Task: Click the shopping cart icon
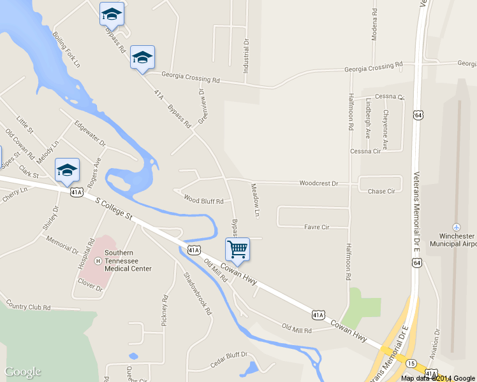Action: click(237, 249)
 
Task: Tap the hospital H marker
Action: click(98, 260)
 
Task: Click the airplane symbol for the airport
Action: click(457, 227)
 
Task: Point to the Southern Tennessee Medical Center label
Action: click(128, 260)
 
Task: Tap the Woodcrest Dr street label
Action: click(319, 183)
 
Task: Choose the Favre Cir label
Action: click(316, 227)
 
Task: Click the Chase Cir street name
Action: click(382, 191)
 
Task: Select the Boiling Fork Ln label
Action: click(67, 50)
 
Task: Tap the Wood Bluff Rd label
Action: click(203, 200)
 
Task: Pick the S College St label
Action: click(114, 208)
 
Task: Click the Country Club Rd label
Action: click(28, 306)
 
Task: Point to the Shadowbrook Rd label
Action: click(197, 294)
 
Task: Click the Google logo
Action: click(23, 372)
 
